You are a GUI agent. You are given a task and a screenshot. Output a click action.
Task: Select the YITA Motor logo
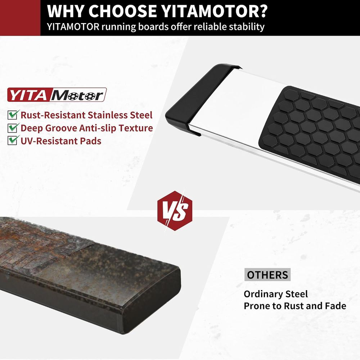coord(57,95)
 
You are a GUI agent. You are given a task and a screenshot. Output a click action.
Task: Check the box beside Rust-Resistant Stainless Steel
coord(13,114)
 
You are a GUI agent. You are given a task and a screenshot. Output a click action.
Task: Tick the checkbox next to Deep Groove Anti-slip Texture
coord(13,128)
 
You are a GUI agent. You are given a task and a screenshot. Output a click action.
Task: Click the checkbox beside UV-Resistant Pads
coord(13,140)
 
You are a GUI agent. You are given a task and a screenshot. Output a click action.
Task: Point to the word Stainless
coord(106,115)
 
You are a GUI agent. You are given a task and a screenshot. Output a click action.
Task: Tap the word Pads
coord(90,141)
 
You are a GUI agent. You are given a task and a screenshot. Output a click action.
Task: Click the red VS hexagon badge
coord(175,211)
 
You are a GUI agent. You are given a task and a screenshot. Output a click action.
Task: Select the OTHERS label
coord(267,275)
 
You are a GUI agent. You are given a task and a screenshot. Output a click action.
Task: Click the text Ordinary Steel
coord(276,294)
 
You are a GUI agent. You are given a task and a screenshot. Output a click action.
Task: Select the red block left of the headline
coord(20,18)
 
